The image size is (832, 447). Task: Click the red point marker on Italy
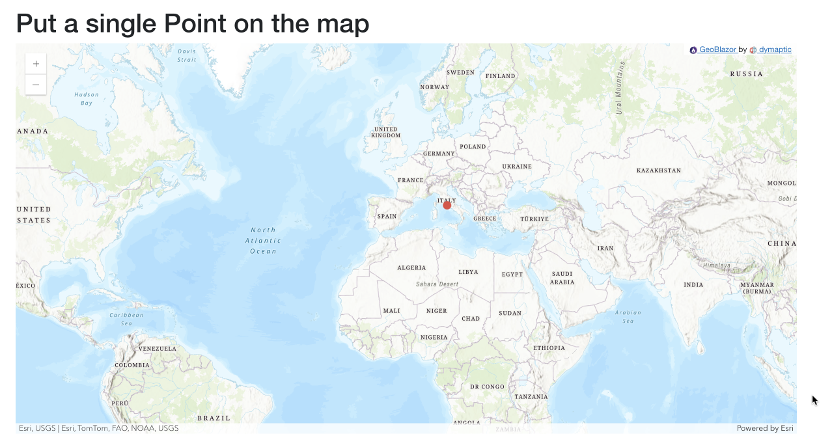click(x=447, y=205)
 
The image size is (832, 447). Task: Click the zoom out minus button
click(x=36, y=85)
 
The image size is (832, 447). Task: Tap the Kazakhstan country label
click(x=658, y=170)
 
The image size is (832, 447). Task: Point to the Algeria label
click(x=411, y=268)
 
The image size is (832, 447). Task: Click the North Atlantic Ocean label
click(x=264, y=240)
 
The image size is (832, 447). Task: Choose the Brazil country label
click(x=214, y=418)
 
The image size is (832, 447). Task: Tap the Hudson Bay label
click(x=87, y=98)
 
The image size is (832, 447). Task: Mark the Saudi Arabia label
click(x=562, y=278)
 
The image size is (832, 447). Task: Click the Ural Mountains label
click(x=620, y=88)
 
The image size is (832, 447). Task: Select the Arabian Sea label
click(x=628, y=316)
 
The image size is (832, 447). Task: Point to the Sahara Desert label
click(x=437, y=284)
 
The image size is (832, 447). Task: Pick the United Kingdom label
click(x=386, y=132)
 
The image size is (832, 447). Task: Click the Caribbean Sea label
click(x=126, y=319)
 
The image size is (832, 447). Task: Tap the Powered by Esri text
click(x=764, y=428)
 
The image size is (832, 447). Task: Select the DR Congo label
click(x=487, y=386)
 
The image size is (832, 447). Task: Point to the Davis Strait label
click(x=187, y=55)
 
